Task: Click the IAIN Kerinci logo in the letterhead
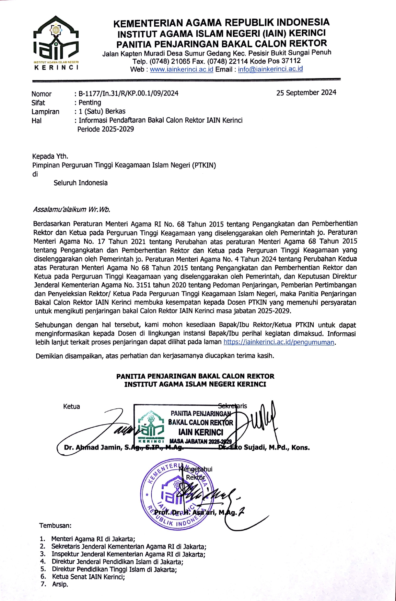[x=56, y=43]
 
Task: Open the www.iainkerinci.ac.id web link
[x=182, y=69]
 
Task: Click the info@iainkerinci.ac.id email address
[x=270, y=69]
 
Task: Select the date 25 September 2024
[x=306, y=93]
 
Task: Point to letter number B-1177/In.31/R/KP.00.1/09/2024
[x=128, y=93]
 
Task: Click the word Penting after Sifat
[x=90, y=102]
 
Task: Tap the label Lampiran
[x=45, y=112]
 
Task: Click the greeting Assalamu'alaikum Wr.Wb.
[x=71, y=209]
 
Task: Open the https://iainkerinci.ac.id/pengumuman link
[x=279, y=342]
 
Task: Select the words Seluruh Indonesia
[x=81, y=183]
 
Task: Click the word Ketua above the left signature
[x=71, y=406]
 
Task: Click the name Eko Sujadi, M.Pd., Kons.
[x=271, y=447]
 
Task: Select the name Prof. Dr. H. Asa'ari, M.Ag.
[x=195, y=512]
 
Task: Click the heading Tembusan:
[x=55, y=526]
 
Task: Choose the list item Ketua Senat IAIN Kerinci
[x=88, y=577]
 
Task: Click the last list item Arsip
[x=60, y=584]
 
